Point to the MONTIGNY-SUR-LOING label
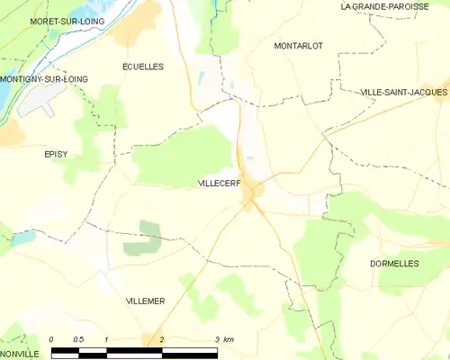(x=44, y=79)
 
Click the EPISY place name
(x=56, y=154)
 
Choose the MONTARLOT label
(x=297, y=45)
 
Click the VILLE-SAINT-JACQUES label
(x=403, y=92)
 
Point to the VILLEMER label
(x=146, y=301)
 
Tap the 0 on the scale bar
(x=51, y=338)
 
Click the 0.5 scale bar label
(x=79, y=338)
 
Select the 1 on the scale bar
(x=107, y=338)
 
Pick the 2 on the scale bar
(x=162, y=338)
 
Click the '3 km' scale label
(x=225, y=338)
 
